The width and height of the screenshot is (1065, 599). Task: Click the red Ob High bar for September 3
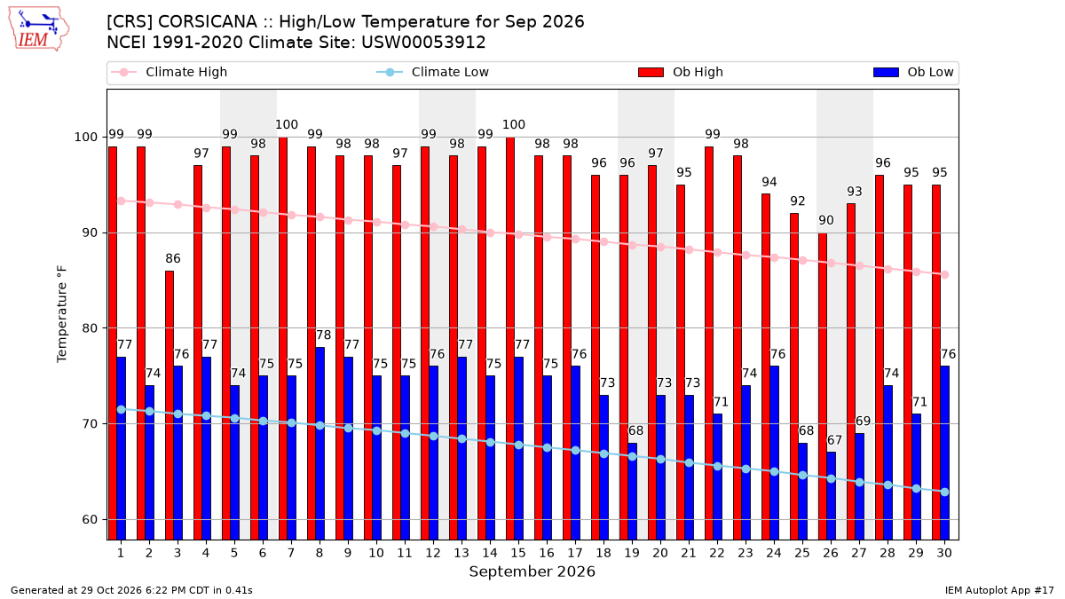(x=170, y=405)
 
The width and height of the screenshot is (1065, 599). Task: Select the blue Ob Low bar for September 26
(x=831, y=496)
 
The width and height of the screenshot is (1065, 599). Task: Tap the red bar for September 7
(x=283, y=338)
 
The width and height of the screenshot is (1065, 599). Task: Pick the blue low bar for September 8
(x=320, y=443)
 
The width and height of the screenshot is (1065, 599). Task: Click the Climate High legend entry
(x=170, y=72)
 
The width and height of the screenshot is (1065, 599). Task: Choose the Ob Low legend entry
(x=913, y=72)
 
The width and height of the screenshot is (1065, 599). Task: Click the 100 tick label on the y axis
(x=85, y=138)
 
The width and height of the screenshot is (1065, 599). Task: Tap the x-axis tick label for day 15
(x=518, y=553)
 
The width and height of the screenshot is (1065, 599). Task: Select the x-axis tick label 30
(x=944, y=553)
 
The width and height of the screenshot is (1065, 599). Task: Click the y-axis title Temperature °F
(x=62, y=314)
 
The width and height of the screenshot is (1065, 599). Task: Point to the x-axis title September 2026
(x=532, y=571)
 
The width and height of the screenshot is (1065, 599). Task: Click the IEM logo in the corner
(x=38, y=29)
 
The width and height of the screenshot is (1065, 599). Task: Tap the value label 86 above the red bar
(x=173, y=258)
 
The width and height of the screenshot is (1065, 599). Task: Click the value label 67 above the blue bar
(x=834, y=440)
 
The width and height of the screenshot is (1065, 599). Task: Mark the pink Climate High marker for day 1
(x=122, y=201)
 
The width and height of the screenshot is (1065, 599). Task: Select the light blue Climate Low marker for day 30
(x=944, y=492)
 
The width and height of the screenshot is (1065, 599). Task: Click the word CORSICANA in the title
(x=208, y=22)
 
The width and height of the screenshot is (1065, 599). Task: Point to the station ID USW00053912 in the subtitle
(x=423, y=43)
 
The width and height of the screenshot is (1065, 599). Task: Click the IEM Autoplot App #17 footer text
(x=999, y=590)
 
